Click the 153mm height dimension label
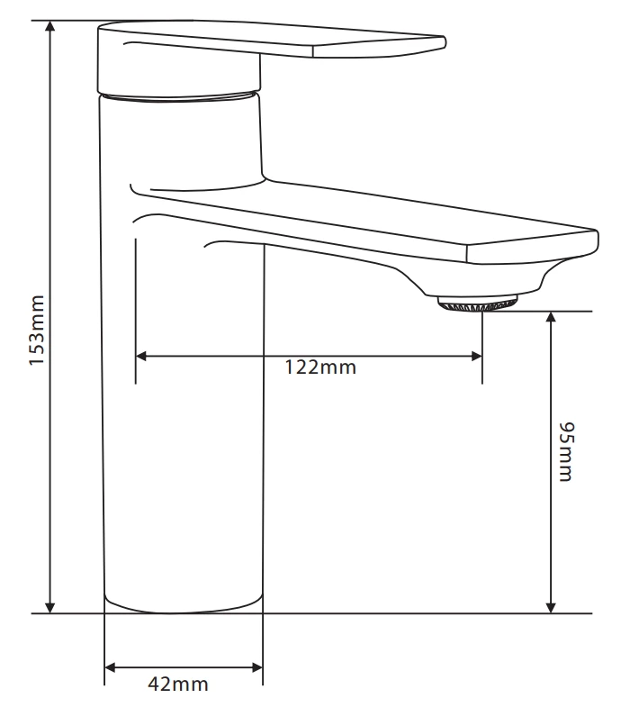point(37,330)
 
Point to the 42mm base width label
point(177,684)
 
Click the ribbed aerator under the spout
point(478,304)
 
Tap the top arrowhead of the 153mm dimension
point(50,28)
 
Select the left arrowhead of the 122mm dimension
point(142,356)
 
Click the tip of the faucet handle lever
point(441,41)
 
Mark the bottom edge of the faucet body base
point(184,612)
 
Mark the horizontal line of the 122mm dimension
point(225,356)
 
